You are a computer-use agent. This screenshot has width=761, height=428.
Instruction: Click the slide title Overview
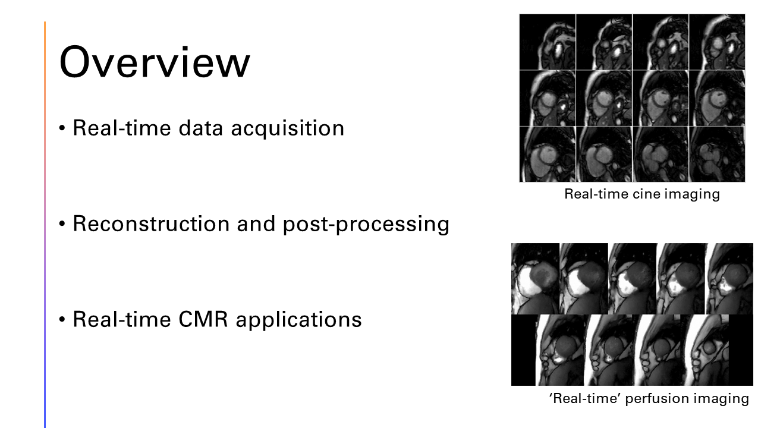[x=155, y=62]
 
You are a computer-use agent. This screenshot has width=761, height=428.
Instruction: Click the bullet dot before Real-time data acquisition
[x=63, y=129]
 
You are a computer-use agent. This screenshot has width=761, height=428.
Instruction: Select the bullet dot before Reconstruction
[x=63, y=225]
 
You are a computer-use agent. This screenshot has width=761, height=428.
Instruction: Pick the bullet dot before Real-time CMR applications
[x=63, y=320]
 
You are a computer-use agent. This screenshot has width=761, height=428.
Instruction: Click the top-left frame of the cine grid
[x=548, y=42]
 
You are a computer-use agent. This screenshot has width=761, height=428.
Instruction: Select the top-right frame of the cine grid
[x=717, y=42]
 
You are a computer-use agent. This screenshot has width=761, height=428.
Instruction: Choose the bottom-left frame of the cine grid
[x=548, y=154]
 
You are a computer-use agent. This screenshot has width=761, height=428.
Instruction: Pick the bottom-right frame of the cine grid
[x=717, y=154]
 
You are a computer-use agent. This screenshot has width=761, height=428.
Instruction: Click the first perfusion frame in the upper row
[x=535, y=279]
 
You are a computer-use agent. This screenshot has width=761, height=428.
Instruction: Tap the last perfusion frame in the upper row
[x=729, y=279]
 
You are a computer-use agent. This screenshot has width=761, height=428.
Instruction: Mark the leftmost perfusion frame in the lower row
[x=559, y=350]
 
